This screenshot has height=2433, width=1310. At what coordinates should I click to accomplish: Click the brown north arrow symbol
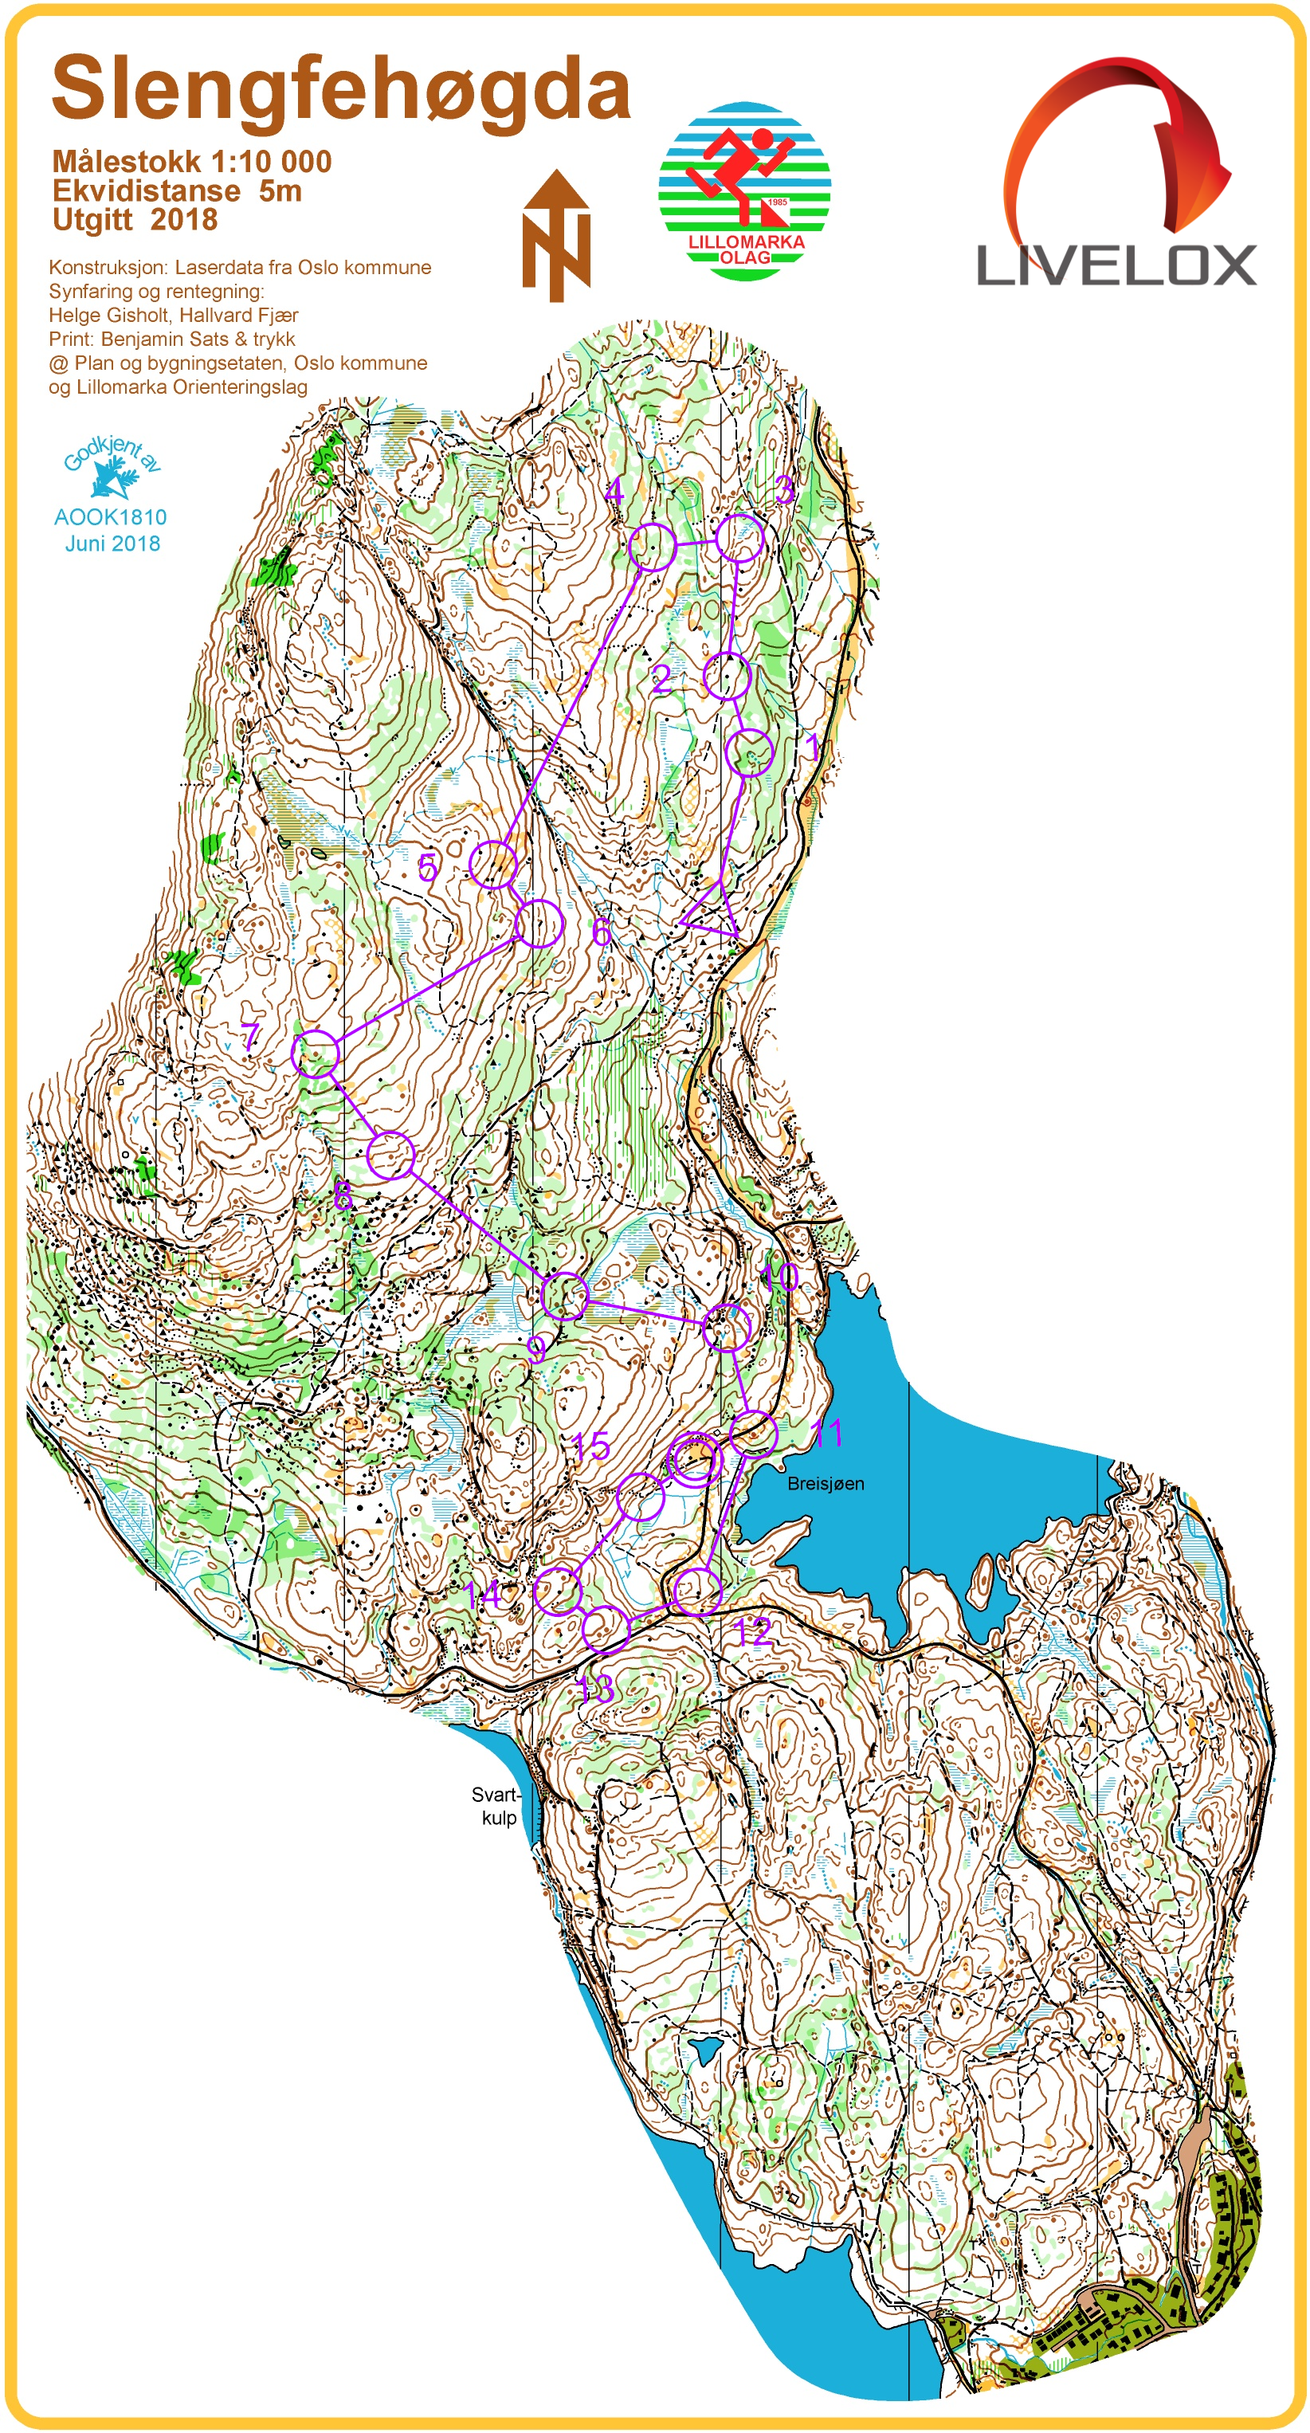[x=556, y=236]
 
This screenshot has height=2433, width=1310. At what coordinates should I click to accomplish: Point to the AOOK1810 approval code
[x=111, y=516]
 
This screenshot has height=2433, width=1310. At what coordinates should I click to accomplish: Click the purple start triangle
[x=713, y=909]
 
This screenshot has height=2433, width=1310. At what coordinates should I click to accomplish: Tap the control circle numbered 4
[x=652, y=547]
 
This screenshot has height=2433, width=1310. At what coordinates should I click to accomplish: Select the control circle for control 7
[x=316, y=1054]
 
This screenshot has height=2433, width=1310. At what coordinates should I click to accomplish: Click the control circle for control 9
[x=565, y=1296]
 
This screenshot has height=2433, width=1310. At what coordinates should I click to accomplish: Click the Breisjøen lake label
[x=826, y=1484]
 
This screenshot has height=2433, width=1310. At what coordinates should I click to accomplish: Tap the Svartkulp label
[x=496, y=1806]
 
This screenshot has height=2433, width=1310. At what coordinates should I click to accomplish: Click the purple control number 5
[x=428, y=867]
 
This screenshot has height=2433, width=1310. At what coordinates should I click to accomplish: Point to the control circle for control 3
[x=739, y=539]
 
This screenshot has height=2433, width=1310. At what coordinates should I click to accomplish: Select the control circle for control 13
[x=606, y=1627]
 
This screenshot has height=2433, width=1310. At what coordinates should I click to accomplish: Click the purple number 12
[x=753, y=1631]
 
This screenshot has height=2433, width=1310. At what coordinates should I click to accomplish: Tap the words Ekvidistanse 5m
[x=177, y=190]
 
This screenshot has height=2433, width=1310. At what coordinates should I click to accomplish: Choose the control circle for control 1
[x=750, y=753]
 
